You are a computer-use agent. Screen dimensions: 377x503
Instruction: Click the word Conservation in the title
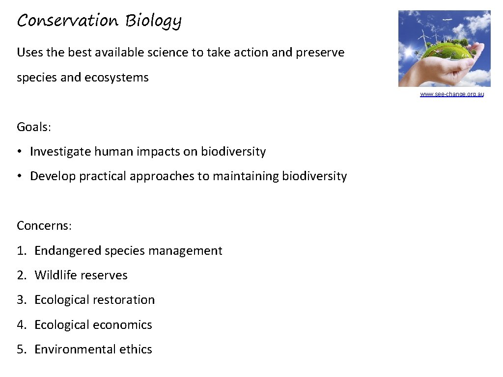click(67, 21)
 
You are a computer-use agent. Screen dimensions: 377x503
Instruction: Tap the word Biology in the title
click(153, 22)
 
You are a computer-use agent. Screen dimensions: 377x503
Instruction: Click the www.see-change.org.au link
click(451, 94)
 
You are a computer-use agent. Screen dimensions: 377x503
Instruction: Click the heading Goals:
click(34, 127)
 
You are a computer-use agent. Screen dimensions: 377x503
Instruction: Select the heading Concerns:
click(44, 226)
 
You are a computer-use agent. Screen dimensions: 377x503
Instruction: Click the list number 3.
click(21, 300)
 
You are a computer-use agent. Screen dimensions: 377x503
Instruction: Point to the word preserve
click(320, 53)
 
